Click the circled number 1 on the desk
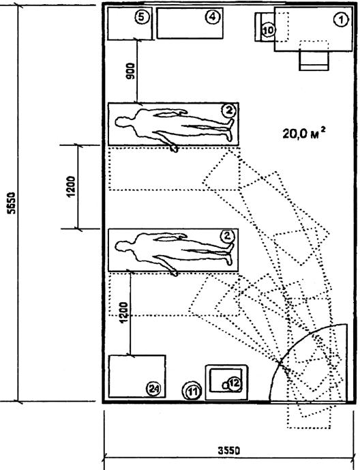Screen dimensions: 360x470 (x=341, y=20)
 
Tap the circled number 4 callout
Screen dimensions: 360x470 (x=212, y=17)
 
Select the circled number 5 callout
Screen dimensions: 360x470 (x=142, y=17)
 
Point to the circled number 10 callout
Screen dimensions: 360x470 (x=269, y=30)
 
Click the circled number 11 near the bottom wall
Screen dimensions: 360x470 (x=192, y=391)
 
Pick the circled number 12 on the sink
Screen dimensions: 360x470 (x=235, y=383)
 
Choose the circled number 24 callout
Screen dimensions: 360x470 (x=153, y=389)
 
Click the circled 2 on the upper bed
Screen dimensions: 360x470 (x=229, y=111)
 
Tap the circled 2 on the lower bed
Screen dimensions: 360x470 (x=228, y=236)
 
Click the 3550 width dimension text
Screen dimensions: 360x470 (x=228, y=451)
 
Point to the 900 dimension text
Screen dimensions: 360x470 (x=131, y=71)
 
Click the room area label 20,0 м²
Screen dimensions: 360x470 (x=304, y=133)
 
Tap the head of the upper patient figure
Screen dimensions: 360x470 (x=122, y=122)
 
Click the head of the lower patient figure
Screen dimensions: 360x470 (x=122, y=247)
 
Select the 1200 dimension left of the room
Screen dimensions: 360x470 (x=71, y=186)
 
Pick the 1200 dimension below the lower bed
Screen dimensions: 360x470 (x=124, y=312)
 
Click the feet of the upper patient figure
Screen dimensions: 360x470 (x=230, y=130)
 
